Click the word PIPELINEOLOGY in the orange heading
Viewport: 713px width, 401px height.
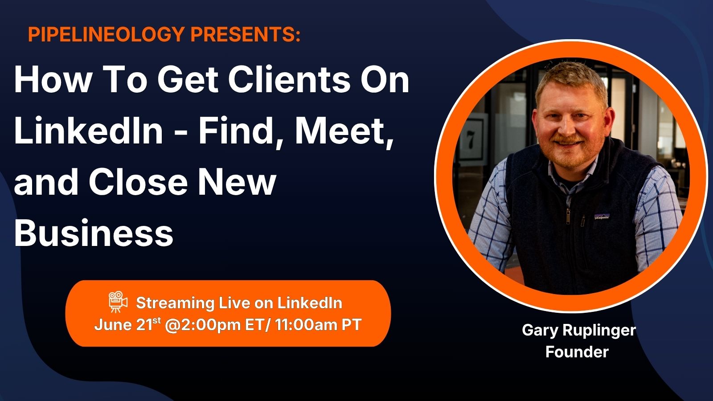107,34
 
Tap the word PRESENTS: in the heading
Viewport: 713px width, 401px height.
246,34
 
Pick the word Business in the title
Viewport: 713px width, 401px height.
94,233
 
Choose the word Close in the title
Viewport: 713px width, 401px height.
138,182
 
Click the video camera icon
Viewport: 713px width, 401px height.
118,302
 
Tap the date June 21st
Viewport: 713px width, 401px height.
127,325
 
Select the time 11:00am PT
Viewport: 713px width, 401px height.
318,325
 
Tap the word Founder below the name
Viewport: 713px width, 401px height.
577,352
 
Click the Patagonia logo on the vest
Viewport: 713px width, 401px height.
602,217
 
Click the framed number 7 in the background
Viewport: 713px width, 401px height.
470,140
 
